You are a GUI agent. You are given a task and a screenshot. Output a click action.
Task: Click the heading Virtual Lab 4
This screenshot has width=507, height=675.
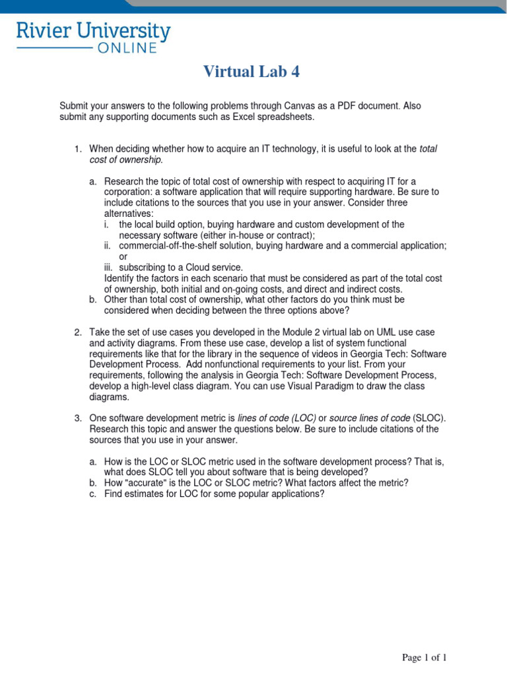pos(251,72)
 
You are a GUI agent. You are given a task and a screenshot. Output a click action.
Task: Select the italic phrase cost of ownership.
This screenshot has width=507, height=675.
pos(125,160)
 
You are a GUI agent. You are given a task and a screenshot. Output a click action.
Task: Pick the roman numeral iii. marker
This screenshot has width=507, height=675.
pos(109,267)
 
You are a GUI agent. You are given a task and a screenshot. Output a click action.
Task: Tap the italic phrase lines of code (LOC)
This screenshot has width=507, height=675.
pos(277,418)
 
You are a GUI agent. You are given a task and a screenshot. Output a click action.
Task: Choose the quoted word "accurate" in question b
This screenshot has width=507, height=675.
pos(150,483)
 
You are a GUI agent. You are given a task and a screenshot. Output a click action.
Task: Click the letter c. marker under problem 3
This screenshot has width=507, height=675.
pos(93,493)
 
